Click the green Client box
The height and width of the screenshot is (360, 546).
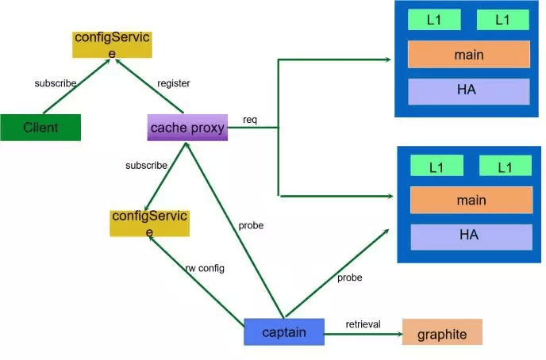pos(40,128)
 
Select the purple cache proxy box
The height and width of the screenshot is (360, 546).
pos(187,127)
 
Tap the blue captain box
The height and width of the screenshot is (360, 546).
pos(284,331)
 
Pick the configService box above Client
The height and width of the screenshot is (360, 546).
pos(112,44)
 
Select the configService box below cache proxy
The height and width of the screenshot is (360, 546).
pos(149,223)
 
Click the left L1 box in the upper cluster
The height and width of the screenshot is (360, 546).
pos(434,20)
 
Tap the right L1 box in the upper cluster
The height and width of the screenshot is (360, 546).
pos(502,20)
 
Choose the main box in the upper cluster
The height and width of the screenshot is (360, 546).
pos(469,55)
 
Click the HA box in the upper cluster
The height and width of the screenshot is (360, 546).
pos(468,90)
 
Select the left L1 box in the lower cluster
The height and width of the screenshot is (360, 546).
pos(436,167)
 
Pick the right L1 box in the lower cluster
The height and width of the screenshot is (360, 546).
pos(505,167)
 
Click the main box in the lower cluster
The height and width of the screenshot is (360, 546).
pos(471,200)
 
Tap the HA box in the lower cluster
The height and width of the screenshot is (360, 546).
pos(471,236)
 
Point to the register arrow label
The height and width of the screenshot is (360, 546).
pos(174,83)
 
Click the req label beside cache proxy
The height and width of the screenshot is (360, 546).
pos(250,120)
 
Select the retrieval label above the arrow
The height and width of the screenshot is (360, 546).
pos(363,324)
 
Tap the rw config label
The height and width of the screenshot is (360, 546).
pos(205,268)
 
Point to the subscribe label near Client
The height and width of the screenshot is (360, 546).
pos(56,83)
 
